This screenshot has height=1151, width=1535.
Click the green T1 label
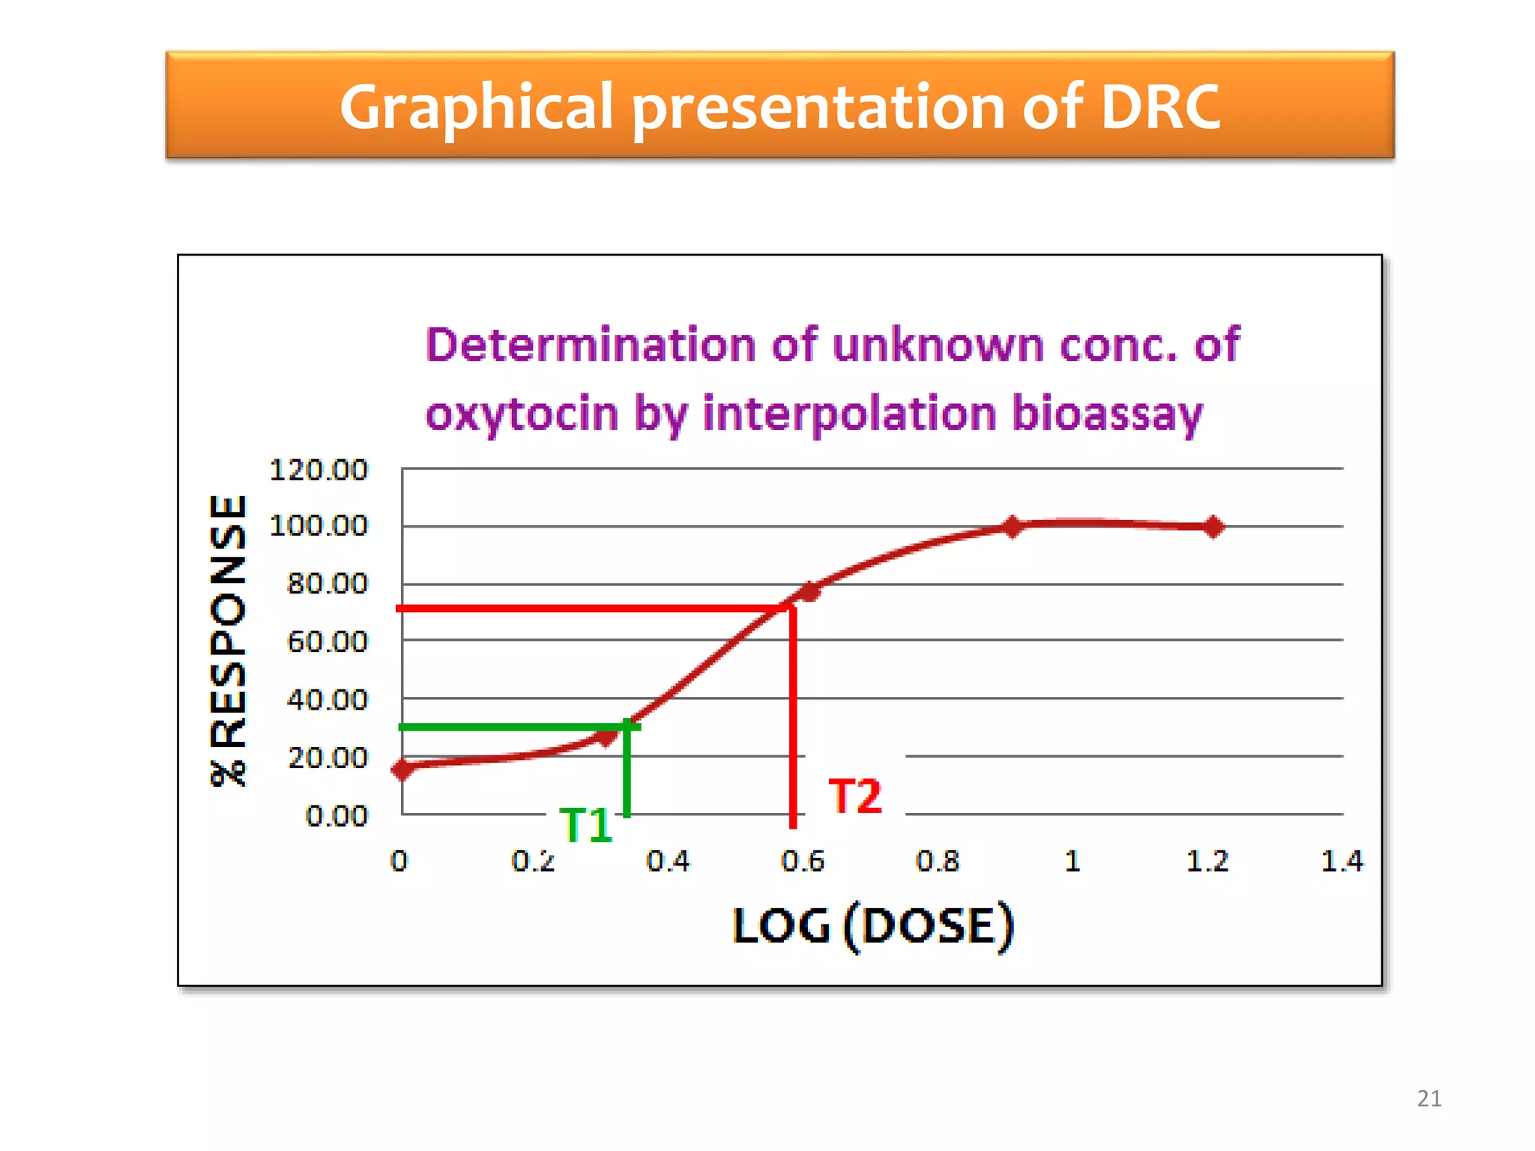click(586, 825)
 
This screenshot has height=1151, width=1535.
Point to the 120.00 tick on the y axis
click(319, 470)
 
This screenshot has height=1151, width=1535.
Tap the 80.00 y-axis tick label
click(328, 583)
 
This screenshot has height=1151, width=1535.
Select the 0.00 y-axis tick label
click(337, 815)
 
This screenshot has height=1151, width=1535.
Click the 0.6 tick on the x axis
click(802, 861)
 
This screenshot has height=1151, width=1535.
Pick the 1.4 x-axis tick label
click(1341, 861)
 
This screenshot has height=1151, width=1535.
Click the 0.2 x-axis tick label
click(533, 861)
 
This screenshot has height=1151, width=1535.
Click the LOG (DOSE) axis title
click(873, 926)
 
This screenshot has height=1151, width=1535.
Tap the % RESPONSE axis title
click(228, 641)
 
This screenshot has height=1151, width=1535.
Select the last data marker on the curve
click(1213, 527)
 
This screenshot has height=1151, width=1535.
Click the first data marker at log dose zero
click(403, 769)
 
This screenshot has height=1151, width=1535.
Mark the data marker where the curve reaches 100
click(1013, 527)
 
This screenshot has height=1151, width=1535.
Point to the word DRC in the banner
click(1159, 106)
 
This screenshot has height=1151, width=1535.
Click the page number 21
click(1429, 1098)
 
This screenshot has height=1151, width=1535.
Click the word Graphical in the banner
click(477, 106)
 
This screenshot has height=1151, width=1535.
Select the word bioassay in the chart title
click(1106, 414)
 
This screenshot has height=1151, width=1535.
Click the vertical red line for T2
click(793, 719)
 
